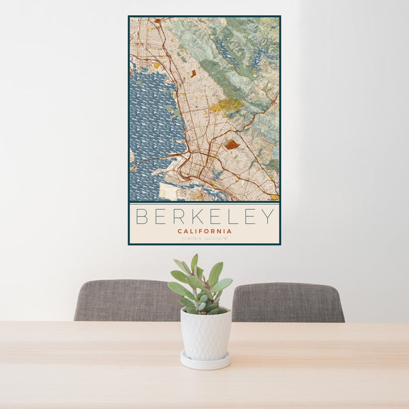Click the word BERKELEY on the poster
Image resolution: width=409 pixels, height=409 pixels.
click(x=204, y=217)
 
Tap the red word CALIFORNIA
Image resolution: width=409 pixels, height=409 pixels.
click(x=204, y=231)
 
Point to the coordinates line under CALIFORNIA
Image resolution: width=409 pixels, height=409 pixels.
click(x=204, y=239)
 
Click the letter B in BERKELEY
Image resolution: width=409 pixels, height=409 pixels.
click(x=142, y=217)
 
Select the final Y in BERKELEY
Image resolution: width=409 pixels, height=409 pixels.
click(x=268, y=217)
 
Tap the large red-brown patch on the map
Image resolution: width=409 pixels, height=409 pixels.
click(x=232, y=145)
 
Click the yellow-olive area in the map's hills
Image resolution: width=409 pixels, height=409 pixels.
click(x=225, y=105)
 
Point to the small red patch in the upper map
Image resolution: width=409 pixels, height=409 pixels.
click(x=193, y=72)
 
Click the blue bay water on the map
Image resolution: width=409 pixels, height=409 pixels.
click(x=153, y=123)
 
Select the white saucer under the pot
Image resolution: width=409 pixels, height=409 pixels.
click(x=205, y=361)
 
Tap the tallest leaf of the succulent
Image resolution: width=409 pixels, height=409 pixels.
click(x=194, y=262)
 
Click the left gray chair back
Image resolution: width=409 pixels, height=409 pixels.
click(x=123, y=300)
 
